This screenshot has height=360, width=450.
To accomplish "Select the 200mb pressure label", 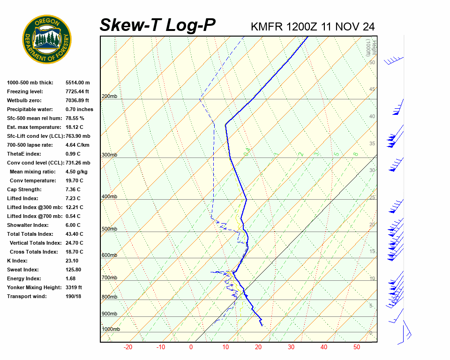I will pos(109,97).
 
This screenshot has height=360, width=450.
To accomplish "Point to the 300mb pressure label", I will pos(109,155).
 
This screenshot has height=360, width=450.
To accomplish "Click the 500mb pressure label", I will pos(109,229).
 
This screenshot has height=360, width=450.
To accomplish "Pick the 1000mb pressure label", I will pos(111,329).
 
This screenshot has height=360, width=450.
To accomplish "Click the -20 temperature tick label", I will pos(127,347).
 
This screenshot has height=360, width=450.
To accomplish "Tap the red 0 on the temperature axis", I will pos(191,347).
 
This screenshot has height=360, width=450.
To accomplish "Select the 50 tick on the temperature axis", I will pos(357,347).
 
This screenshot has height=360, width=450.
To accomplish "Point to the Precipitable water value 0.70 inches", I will pos(79,109).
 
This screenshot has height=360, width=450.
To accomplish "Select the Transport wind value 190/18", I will pos(74,296).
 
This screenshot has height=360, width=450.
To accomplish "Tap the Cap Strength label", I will pos(24,189).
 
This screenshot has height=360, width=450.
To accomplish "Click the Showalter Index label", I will pos(27,225).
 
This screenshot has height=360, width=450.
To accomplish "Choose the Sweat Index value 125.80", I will pos(73,270).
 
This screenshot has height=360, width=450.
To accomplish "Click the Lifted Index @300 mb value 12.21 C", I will pos(74,207).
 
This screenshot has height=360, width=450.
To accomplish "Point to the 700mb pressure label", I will pos(109,277).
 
